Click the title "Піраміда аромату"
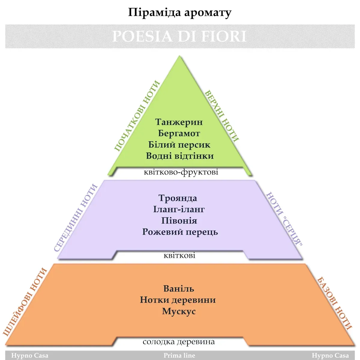(x=180, y=13)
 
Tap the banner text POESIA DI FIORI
(x=179, y=36)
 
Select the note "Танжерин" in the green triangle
(x=179, y=122)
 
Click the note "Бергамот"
(x=179, y=133)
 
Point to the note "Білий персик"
(x=179, y=145)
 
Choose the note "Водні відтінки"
(x=180, y=156)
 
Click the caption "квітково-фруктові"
(x=181, y=172)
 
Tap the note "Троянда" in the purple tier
(x=178, y=198)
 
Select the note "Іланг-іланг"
(x=179, y=209)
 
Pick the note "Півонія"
(x=179, y=220)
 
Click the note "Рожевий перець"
(x=180, y=232)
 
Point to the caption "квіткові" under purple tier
(x=179, y=256)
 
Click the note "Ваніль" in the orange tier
(x=179, y=289)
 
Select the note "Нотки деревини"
(x=178, y=300)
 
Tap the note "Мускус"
(x=179, y=311)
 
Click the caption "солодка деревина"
(x=179, y=342)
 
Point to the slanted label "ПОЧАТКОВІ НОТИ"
(x=137, y=116)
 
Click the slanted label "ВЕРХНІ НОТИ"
(x=222, y=116)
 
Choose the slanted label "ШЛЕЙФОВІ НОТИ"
(x=25, y=301)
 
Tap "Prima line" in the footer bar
(x=179, y=355)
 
